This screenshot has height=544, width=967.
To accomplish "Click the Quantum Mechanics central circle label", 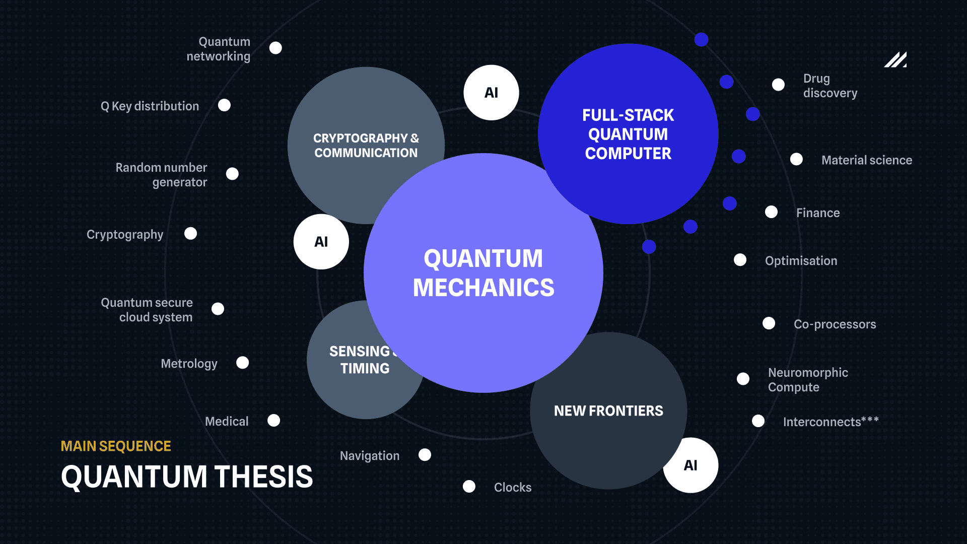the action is click(483, 273).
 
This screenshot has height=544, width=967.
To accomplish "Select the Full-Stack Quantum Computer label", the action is click(628, 134).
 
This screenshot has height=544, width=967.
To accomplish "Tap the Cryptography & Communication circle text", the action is click(366, 146).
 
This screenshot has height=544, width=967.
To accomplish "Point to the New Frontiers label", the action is click(608, 411).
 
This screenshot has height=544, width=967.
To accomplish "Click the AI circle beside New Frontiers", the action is click(690, 465).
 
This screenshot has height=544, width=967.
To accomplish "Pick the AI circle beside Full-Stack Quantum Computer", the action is click(491, 93).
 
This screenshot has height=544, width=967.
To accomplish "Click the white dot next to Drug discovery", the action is click(778, 85).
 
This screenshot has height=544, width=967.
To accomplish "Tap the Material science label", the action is click(867, 160).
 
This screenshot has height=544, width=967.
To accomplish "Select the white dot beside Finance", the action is click(771, 212).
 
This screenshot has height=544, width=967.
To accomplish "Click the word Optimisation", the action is click(801, 261).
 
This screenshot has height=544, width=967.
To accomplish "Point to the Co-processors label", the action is click(835, 324).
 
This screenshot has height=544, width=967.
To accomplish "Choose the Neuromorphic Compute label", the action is click(808, 380).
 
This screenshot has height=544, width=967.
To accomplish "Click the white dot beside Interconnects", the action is click(758, 421).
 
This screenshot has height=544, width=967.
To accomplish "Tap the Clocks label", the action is click(513, 488).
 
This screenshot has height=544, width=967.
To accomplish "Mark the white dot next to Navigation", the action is click(425, 455).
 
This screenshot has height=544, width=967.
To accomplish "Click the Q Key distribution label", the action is click(150, 106).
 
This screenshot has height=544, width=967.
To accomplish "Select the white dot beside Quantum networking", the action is click(275, 48).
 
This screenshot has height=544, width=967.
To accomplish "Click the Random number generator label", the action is click(161, 175).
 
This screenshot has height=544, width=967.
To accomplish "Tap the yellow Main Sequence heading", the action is click(116, 446).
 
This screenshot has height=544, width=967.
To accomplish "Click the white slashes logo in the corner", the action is click(895, 59).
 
